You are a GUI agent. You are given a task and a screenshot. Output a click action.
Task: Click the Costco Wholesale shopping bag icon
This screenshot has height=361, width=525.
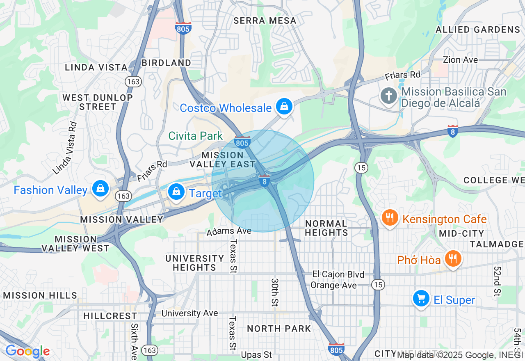[283, 107]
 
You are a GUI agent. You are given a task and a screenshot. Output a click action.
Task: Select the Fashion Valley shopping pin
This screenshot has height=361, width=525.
[100, 189]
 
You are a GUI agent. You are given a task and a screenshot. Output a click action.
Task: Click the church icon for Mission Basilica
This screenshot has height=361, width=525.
[388, 97]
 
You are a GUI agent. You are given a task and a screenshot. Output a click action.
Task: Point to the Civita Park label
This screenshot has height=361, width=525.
[196, 136]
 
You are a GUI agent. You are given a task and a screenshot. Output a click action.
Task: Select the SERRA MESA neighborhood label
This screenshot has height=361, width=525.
[265, 21]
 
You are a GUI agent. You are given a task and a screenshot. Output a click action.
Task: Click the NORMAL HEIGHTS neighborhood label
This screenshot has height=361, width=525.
[326, 228]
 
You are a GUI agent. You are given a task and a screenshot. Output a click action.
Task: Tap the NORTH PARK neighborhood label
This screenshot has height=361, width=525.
[279, 329]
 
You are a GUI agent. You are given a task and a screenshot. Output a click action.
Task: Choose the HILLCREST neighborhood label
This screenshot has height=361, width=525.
[110, 316]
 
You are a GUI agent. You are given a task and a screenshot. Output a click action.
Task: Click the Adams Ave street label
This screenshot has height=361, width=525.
[229, 232]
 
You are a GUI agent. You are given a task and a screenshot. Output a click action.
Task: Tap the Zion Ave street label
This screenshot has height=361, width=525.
[460, 60]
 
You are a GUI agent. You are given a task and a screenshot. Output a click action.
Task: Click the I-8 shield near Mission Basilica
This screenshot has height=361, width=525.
[452, 131]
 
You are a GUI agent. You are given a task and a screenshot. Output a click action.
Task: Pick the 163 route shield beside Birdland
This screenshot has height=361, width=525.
[134, 82]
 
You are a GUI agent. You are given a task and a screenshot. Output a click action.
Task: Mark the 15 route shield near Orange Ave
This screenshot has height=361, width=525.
[378, 284]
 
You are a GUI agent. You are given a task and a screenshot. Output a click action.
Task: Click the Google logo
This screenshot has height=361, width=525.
[27, 352]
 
